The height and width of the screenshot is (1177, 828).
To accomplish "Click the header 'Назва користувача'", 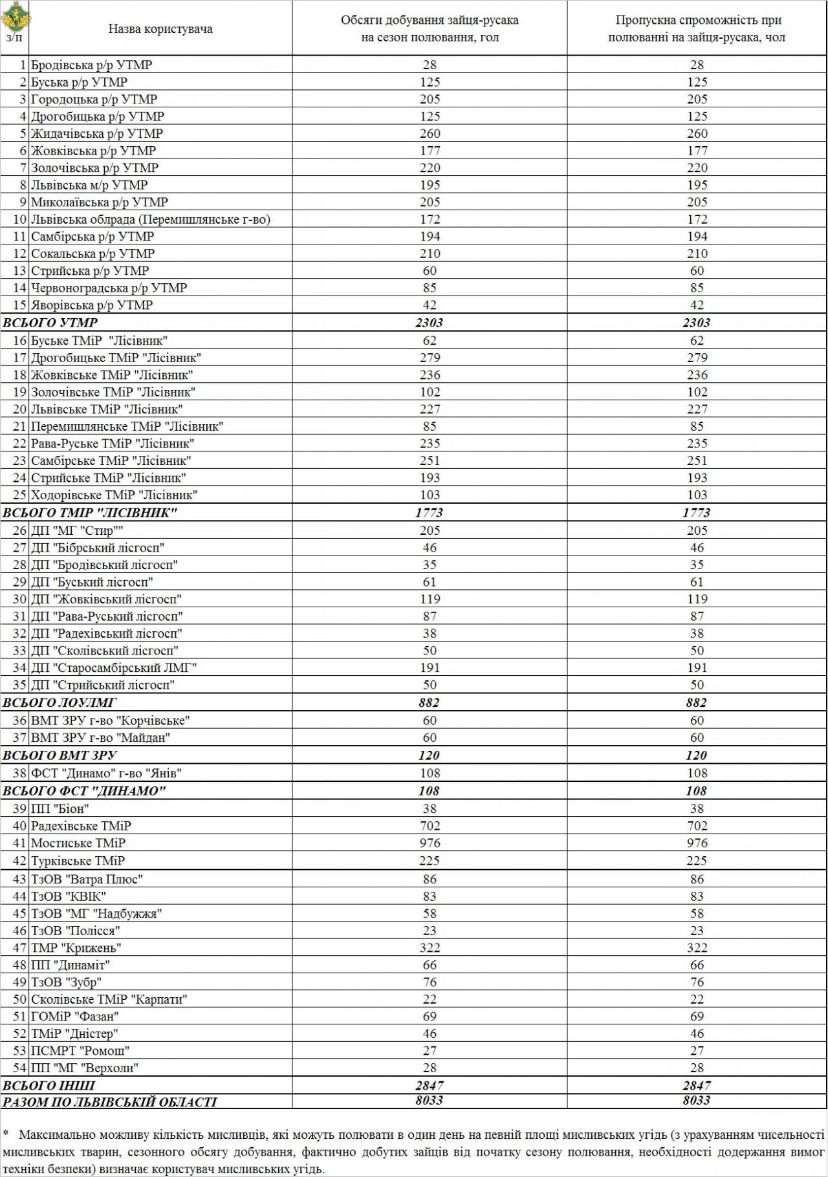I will point(160,29).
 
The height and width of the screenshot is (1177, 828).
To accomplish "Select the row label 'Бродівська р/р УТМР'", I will point(91,65).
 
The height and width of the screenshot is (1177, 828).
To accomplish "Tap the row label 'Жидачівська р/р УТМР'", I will point(97,133).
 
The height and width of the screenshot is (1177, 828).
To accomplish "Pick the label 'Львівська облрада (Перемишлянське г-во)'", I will point(151,219).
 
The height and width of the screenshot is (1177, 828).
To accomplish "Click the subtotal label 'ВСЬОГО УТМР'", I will point(50,323).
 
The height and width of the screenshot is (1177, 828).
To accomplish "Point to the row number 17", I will point(19,358).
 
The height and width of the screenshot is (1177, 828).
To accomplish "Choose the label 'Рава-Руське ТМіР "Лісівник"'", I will point(113,444).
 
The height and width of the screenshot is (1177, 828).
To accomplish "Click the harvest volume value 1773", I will point(430,513).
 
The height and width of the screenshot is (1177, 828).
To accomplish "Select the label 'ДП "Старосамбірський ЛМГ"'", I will point(114,667).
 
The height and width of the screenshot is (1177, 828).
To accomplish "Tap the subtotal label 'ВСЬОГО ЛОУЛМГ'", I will point(60,703).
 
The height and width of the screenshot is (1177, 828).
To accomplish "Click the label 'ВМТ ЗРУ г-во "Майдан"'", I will point(100,737).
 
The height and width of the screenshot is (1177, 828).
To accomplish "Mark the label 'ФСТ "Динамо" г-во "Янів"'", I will point(106,773).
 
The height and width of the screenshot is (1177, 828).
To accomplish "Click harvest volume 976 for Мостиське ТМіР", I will point(430,843).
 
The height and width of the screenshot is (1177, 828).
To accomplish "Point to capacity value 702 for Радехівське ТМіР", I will point(697,826).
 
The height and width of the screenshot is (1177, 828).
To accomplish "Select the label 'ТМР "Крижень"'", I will point(76,947).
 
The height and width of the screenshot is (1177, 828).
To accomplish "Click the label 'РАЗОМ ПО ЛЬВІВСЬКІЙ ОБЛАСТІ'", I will point(110,1102).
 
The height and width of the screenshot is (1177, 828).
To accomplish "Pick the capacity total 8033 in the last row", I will point(697,1101).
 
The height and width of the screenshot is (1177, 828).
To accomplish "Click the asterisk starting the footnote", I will point(6,1133).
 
